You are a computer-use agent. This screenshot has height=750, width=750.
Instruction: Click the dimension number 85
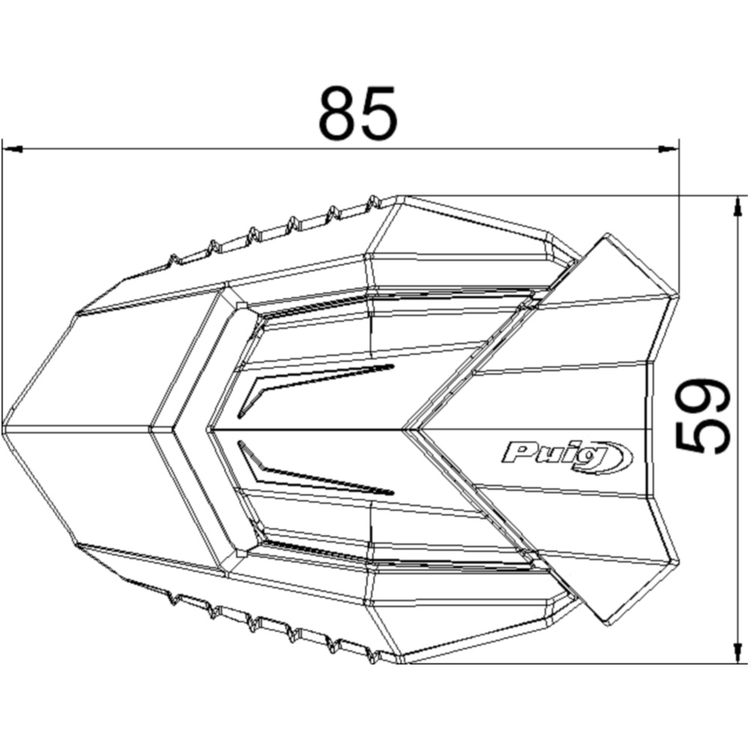point(357,114)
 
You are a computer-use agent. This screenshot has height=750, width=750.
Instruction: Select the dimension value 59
point(703,416)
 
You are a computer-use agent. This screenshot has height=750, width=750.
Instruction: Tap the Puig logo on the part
point(566,453)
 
